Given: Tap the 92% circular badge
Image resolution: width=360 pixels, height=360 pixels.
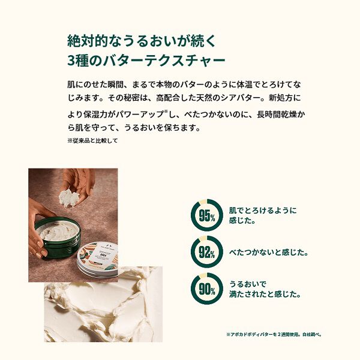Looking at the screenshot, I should tap(207, 253).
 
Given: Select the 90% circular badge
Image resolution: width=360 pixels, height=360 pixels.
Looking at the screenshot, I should tap(207, 289).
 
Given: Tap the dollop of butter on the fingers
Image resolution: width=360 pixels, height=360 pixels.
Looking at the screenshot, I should tap(71, 197).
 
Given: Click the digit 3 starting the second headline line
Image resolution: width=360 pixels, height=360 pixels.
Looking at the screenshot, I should tap(71, 61).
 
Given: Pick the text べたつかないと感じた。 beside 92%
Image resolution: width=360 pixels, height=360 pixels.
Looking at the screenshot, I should tap(269, 253).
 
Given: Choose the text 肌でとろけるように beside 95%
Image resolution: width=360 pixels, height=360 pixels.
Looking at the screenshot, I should tap(263, 211).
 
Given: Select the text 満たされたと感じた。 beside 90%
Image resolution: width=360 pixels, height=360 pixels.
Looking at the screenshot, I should tap(265, 295).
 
